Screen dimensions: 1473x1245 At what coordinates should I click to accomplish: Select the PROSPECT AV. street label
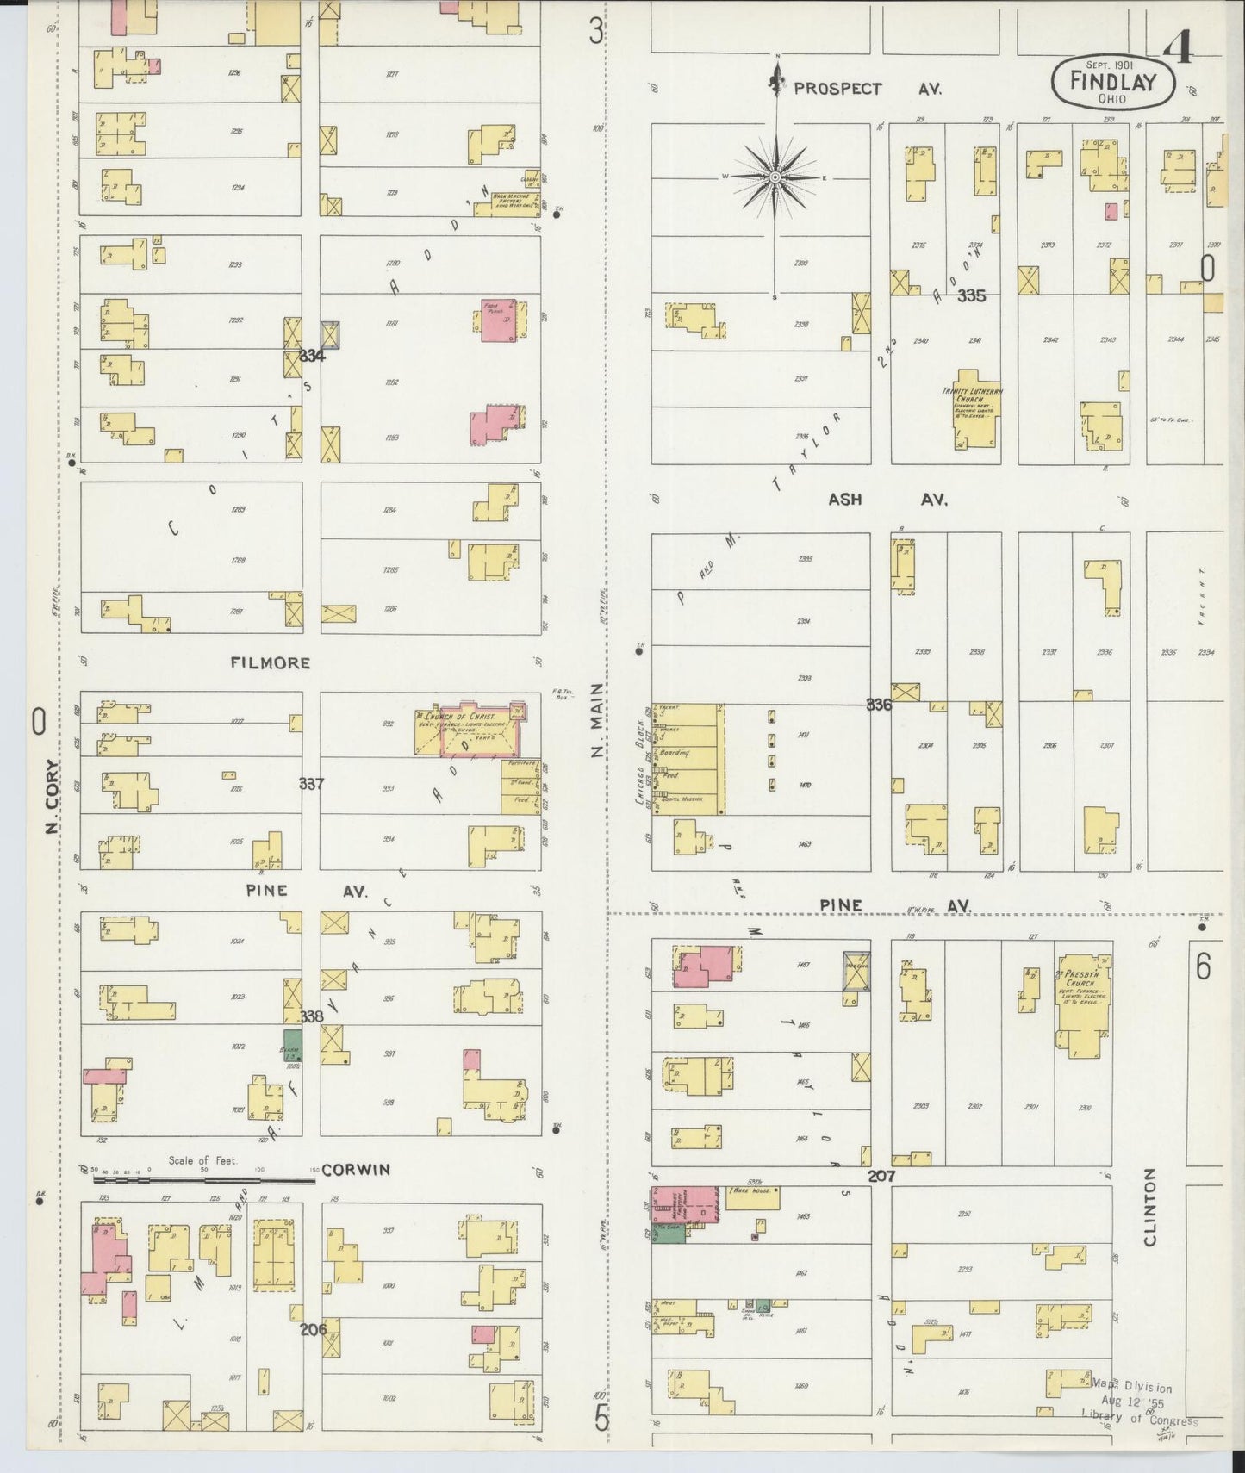[x=868, y=88]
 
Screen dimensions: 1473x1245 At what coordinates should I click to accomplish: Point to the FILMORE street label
[x=270, y=662]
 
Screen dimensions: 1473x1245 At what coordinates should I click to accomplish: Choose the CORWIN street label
[x=356, y=1169]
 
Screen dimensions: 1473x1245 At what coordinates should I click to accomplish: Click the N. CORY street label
[x=52, y=797]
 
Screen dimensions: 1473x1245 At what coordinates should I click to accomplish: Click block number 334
[x=312, y=355]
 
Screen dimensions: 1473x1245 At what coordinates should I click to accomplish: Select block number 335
[x=971, y=295]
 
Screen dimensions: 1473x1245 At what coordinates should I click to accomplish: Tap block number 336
[x=879, y=705]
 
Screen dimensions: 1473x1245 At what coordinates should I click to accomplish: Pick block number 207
[x=881, y=1175]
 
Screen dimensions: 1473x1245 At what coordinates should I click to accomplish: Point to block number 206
[x=314, y=1329]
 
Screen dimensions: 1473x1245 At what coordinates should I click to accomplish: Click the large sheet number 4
[x=1176, y=47]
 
